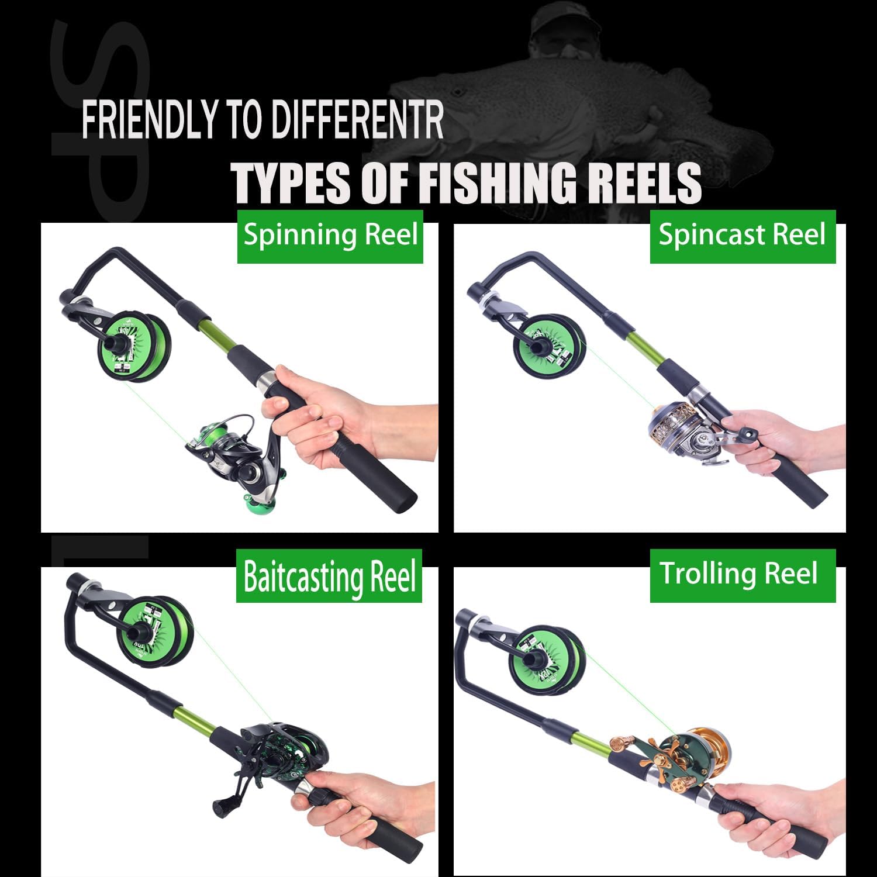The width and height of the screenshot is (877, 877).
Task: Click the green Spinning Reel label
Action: (330, 236)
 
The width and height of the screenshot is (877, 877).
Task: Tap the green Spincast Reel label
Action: (742, 236)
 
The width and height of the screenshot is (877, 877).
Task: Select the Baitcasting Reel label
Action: (329, 576)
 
